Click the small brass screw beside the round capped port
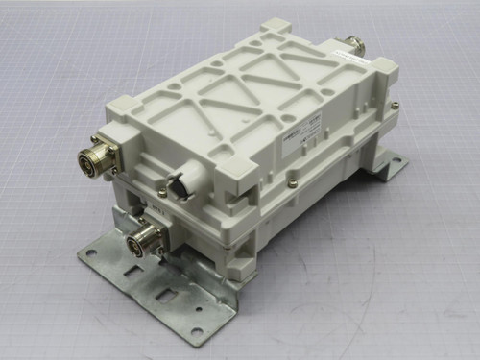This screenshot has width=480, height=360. point(162,193)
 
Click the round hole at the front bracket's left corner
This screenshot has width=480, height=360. point(92,253)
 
